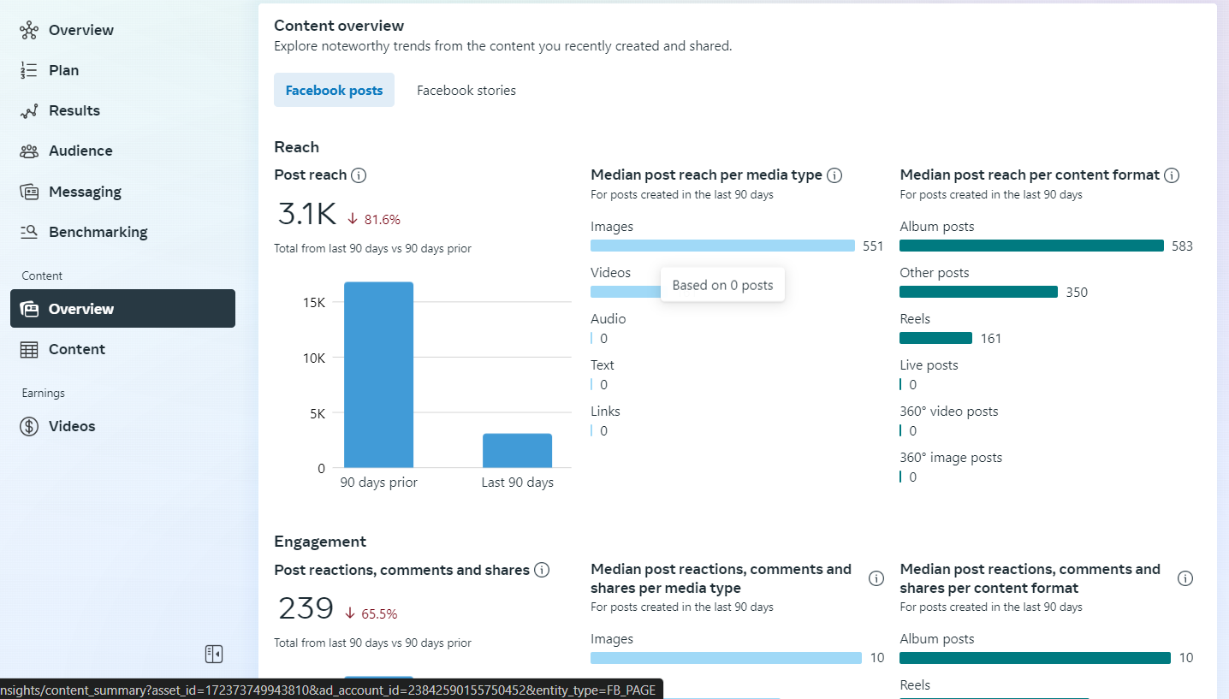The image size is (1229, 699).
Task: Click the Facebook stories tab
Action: tap(466, 91)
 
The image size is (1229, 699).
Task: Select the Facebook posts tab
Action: tap(334, 91)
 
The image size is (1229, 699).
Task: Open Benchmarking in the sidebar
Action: tap(98, 232)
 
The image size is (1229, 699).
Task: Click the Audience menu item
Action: tap(80, 151)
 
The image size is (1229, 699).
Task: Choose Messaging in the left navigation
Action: tap(85, 192)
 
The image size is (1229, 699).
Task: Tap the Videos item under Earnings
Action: tap(72, 426)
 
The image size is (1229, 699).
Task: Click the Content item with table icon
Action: tap(77, 349)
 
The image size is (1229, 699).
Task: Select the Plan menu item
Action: tap(63, 70)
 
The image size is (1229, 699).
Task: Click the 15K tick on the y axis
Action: tap(314, 303)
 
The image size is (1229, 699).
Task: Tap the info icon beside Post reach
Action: tap(359, 175)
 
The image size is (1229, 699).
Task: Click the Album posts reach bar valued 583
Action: tap(1031, 246)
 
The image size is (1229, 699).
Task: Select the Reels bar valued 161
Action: tap(935, 338)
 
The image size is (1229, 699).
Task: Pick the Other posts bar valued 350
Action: tap(978, 292)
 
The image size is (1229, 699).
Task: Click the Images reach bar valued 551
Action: tap(722, 246)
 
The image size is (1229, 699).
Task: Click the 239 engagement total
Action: tap(306, 608)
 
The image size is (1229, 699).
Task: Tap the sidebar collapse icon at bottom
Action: tap(214, 655)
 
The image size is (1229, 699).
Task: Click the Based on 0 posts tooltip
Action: tap(722, 285)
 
